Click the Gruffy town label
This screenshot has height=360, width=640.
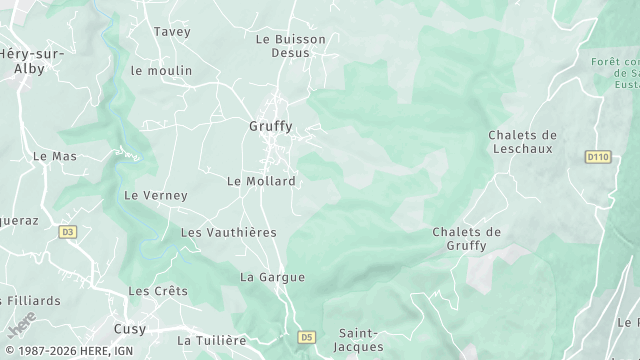click(x=270, y=127)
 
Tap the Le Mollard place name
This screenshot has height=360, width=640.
click(x=261, y=181)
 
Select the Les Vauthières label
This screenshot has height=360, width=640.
click(x=228, y=232)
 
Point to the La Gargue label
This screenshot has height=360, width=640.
click(x=272, y=277)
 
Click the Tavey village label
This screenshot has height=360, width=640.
click(x=171, y=32)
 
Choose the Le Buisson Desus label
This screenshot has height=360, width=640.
click(x=291, y=46)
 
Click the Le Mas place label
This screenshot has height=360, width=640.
click(x=55, y=157)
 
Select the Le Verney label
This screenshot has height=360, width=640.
click(x=155, y=195)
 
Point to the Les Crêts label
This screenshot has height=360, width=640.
click(x=158, y=291)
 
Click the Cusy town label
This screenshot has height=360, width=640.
click(x=129, y=329)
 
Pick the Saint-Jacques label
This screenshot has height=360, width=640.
click(x=359, y=340)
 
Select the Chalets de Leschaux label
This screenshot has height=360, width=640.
click(x=522, y=142)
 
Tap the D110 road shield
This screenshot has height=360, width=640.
click(x=598, y=157)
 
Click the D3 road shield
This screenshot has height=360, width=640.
click(x=67, y=232)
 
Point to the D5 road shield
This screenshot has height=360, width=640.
click(x=307, y=337)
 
